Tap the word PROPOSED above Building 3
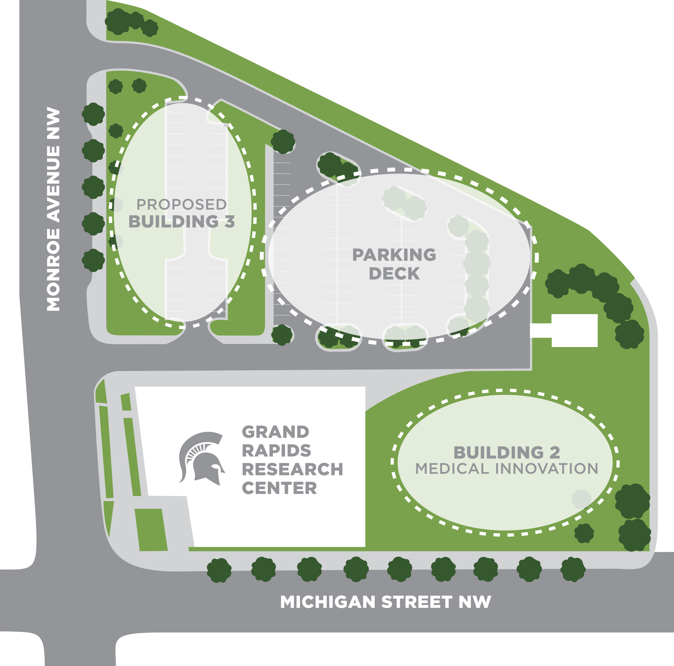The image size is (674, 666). coord(181,205)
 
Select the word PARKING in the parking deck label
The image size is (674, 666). coord(394,255)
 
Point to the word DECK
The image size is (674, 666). coord(394,273)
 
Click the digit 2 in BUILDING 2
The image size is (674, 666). coord(555,453)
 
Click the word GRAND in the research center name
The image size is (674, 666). coord(276,432)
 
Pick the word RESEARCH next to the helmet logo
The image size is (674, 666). coord(292,469)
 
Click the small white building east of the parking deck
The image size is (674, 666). coord(574,330)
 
